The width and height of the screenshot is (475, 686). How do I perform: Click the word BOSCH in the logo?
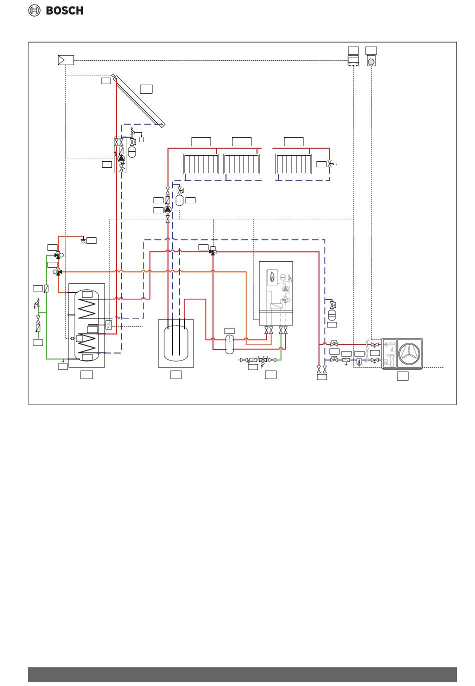(64, 11)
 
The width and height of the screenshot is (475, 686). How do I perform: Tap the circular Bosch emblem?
(34, 11)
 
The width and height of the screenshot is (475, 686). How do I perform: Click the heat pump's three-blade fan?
(409, 354)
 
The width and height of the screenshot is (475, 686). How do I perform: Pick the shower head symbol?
(83, 241)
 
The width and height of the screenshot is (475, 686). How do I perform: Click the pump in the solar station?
(121, 158)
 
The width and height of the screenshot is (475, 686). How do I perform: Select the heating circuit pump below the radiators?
(167, 210)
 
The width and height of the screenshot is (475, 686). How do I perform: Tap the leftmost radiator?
(201, 164)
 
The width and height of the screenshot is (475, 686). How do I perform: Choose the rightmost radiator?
(293, 164)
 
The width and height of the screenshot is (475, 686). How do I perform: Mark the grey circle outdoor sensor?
(371, 62)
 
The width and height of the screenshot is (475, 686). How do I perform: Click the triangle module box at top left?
(66, 60)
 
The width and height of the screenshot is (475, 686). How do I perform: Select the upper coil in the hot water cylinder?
(87, 308)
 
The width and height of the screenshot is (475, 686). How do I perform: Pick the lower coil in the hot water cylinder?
(87, 343)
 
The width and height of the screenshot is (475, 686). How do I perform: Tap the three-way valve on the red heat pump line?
(213, 251)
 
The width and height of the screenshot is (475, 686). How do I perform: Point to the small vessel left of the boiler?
(229, 344)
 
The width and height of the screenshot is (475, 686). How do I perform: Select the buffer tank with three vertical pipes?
(176, 344)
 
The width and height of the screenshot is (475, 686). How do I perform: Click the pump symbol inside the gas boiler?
(285, 288)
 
